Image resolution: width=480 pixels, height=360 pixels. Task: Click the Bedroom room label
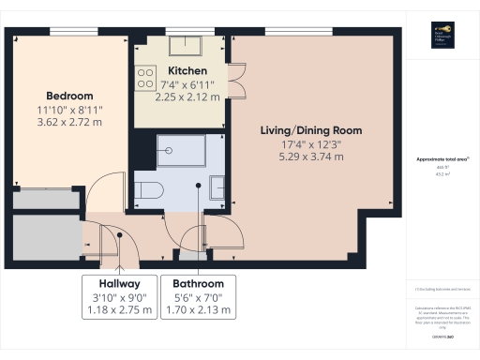[x=70, y=96]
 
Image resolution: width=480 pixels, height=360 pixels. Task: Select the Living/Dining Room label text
[x=310, y=129]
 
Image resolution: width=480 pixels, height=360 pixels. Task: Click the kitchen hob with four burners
[x=146, y=78]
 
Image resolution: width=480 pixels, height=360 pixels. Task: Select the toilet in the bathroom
[x=149, y=190]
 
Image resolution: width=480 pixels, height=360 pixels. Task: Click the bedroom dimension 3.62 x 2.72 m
[x=70, y=122]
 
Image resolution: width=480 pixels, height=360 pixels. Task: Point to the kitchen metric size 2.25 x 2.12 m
[x=187, y=96]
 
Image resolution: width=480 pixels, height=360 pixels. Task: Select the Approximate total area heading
[x=441, y=160]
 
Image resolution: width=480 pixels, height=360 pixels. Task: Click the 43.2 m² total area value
[x=440, y=173]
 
